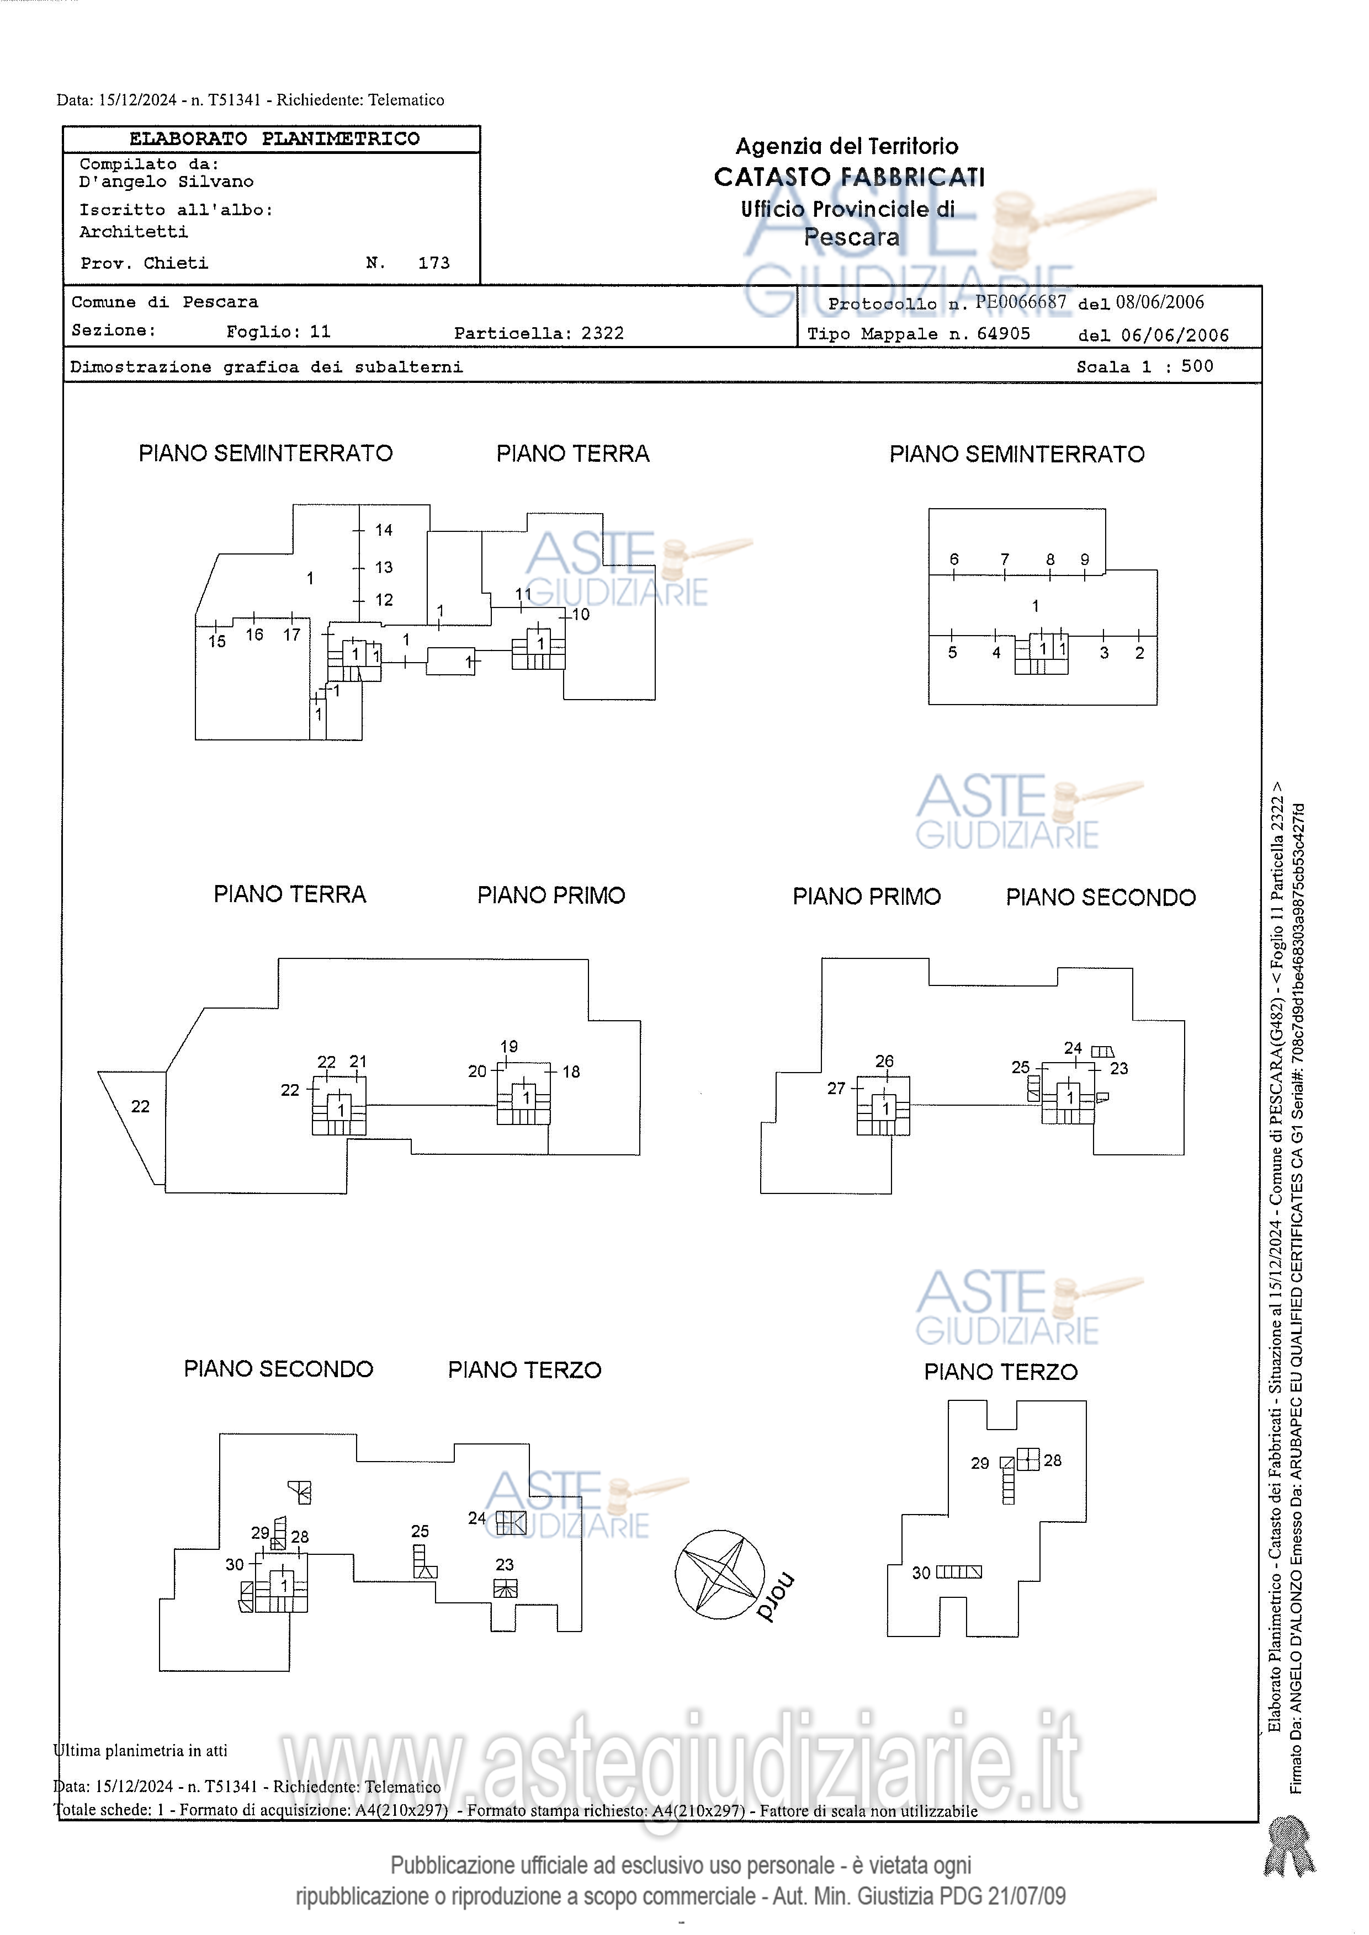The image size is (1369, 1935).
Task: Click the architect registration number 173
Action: pos(433,263)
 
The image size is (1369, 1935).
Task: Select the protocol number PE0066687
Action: pos(1020,302)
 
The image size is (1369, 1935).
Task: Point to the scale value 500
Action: pos(1196,366)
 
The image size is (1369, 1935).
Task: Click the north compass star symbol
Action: pos(719,1574)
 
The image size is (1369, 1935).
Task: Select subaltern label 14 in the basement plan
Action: pos(384,530)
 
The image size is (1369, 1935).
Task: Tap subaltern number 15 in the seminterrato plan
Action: pos(216,641)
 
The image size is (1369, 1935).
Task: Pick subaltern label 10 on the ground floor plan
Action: pos(581,615)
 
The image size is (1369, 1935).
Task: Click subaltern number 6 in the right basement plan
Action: pos(953,559)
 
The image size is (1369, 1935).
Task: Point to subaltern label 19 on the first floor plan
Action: pos(508,1047)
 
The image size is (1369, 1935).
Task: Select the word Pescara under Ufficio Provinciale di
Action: pos(851,238)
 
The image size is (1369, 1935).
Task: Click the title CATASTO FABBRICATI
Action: pos(849,177)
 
